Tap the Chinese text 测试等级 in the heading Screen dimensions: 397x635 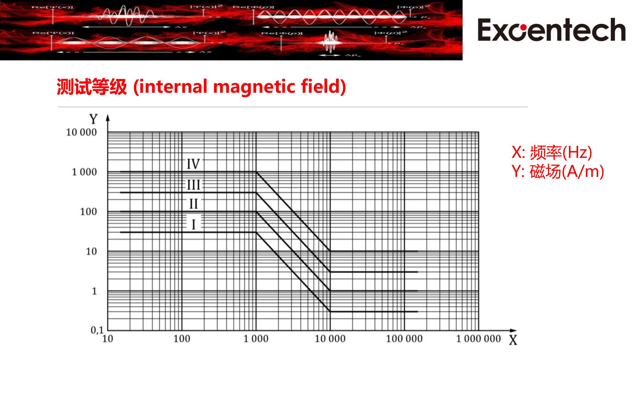(92, 87)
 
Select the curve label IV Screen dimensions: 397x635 (193, 164)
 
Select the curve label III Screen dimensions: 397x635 (193, 185)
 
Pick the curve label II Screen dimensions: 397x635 (193, 204)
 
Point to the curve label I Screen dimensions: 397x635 (193, 225)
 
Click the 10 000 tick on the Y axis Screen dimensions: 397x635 (81, 132)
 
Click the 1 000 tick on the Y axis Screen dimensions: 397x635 (84, 172)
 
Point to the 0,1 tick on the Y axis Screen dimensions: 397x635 (97, 330)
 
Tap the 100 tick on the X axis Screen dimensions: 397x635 (182, 339)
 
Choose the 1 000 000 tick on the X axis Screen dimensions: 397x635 (478, 339)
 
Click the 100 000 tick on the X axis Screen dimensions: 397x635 (404, 339)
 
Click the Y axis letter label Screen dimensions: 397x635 (93, 119)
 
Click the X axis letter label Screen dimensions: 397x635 (513, 340)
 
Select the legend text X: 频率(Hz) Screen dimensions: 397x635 (551, 152)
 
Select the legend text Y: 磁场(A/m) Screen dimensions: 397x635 (558, 172)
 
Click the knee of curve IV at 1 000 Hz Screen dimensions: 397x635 (256, 172)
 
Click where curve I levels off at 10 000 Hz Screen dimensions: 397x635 (330, 312)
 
